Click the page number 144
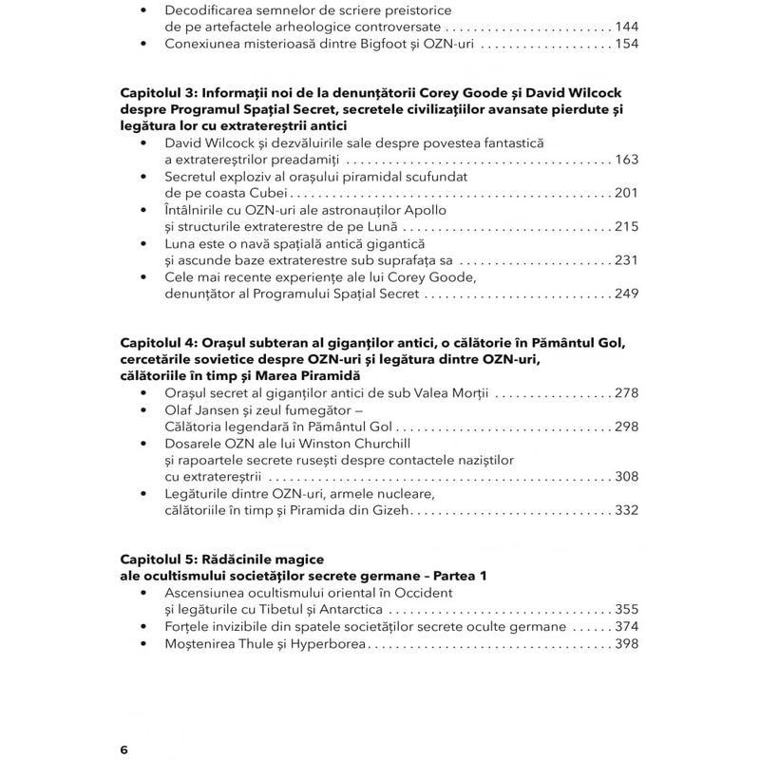[x=627, y=27]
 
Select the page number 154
[x=627, y=44]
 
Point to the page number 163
[x=627, y=160]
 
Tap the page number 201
[x=627, y=193]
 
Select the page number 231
[x=627, y=260]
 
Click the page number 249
[x=627, y=294]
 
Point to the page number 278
[x=627, y=393]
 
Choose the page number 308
[x=627, y=477]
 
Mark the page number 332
[x=627, y=511]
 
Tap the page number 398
[x=627, y=644]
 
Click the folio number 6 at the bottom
[x=123, y=750]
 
